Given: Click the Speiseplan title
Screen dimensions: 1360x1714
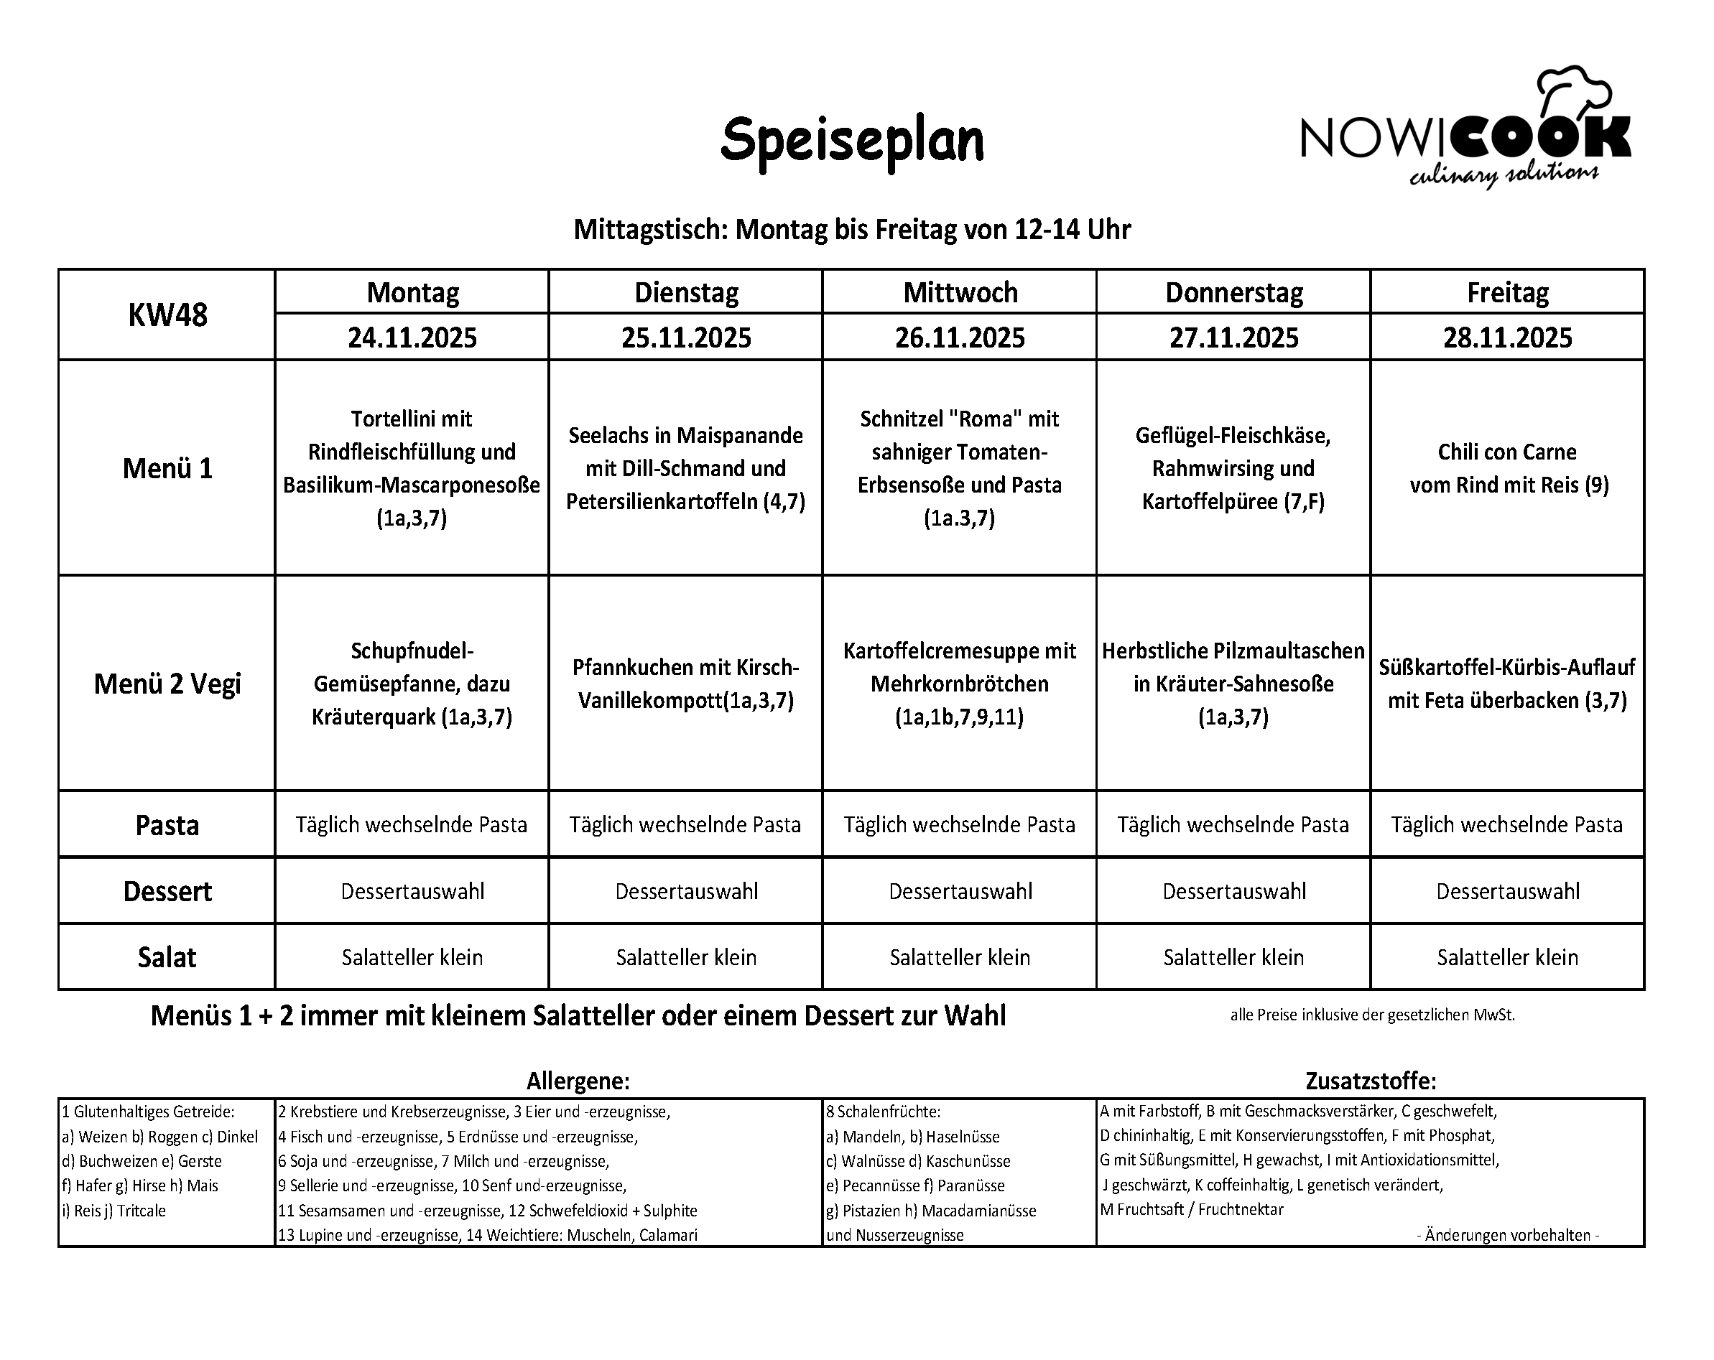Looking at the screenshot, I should tap(851, 141).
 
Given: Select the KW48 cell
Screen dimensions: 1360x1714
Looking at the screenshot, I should tap(167, 315).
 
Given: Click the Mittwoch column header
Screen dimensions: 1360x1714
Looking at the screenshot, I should tap(960, 292).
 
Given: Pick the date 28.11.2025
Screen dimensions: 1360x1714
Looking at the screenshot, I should tap(1507, 337).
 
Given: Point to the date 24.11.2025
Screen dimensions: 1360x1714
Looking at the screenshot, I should tap(412, 337).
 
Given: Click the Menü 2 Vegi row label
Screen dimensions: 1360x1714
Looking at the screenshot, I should tap(167, 684).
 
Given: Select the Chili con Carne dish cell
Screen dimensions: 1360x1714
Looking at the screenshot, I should tap(1507, 468).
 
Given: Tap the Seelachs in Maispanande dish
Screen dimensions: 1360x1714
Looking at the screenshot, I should tap(685, 468).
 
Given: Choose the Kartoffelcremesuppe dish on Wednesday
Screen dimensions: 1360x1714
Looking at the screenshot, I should tap(960, 684).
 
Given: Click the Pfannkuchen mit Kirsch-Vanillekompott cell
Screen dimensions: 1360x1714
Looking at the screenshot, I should tap(685, 684).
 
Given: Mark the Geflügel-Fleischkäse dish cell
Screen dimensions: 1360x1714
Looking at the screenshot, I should tap(1233, 468).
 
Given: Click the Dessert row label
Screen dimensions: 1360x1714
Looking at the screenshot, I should tap(167, 891).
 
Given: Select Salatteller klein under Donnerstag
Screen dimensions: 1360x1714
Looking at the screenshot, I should tap(1233, 957).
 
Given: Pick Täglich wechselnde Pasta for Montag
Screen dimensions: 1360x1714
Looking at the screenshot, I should tap(412, 824).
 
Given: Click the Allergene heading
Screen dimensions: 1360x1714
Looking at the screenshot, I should tap(578, 1081).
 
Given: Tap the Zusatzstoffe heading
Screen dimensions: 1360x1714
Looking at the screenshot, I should tap(1371, 1081).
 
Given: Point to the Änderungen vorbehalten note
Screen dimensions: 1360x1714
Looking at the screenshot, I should tap(1507, 1235).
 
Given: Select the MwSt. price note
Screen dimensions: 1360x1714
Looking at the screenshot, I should tap(1372, 1015).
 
